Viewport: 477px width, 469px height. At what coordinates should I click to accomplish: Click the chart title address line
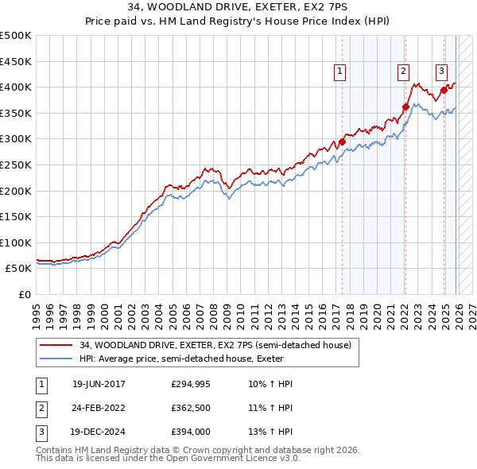pyautogui.click(x=238, y=8)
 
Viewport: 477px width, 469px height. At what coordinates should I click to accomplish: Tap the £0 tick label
pyautogui.click(x=25, y=294)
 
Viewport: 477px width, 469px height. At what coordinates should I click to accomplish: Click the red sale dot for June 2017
pyautogui.click(x=342, y=142)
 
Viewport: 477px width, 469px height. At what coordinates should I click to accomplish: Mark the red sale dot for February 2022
pyautogui.click(x=405, y=107)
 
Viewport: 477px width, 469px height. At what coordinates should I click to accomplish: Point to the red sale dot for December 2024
pyautogui.click(x=444, y=90)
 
